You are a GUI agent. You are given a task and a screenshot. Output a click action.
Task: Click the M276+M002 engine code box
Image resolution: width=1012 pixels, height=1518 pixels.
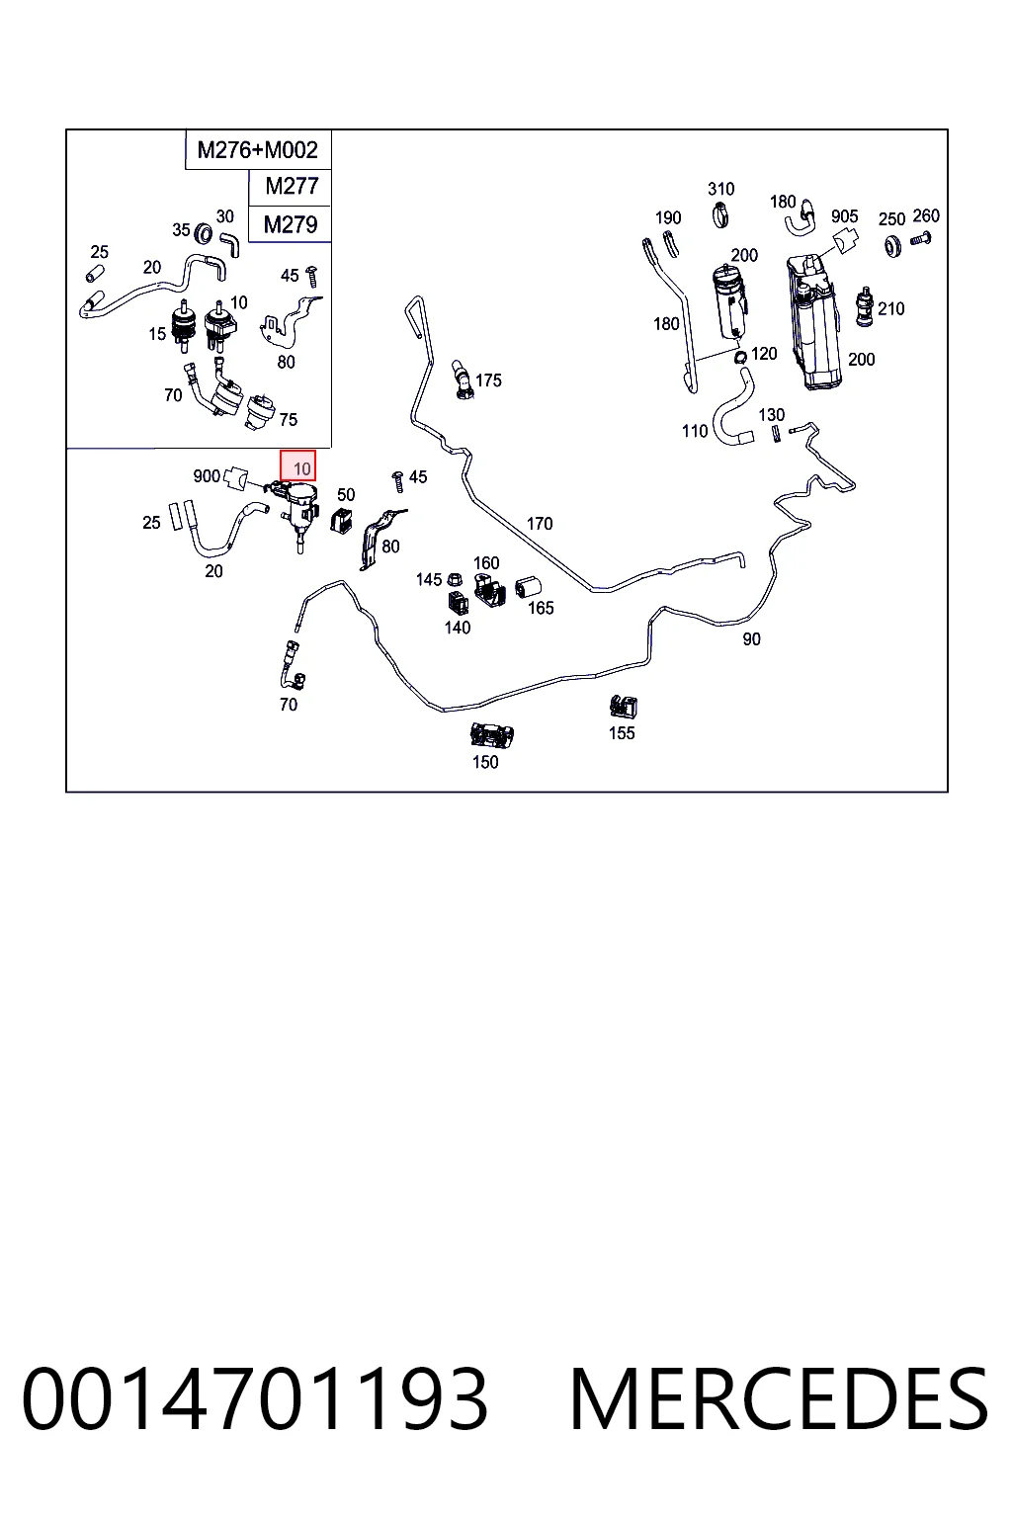[258, 149]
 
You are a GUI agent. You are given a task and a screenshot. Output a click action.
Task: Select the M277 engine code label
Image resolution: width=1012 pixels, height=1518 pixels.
[292, 186]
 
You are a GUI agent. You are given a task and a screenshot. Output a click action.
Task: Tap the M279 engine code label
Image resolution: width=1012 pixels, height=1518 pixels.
[291, 223]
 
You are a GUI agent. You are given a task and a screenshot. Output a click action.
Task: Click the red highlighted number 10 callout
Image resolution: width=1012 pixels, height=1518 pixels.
[298, 466]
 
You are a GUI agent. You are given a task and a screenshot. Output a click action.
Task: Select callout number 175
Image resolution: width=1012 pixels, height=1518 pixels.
[489, 380]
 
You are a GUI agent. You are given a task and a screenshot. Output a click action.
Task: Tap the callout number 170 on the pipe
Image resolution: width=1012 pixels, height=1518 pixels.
[540, 523]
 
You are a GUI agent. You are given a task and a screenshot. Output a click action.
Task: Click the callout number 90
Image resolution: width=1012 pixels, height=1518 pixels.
[751, 639]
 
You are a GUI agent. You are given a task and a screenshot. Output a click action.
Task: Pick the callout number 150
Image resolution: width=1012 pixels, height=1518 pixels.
[485, 762]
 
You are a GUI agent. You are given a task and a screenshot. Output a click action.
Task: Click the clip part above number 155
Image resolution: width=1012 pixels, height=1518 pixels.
[624, 707]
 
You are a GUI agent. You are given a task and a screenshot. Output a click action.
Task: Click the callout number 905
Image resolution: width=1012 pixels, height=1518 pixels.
[845, 216]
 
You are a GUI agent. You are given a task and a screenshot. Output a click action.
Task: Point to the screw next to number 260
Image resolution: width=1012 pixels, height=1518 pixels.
[920, 238]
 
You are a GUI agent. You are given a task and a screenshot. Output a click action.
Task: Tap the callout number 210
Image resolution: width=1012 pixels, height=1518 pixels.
[891, 308]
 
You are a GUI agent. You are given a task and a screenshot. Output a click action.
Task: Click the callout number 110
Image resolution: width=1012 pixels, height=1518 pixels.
[695, 430]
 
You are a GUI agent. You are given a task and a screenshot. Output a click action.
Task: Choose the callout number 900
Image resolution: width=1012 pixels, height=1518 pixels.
[207, 475]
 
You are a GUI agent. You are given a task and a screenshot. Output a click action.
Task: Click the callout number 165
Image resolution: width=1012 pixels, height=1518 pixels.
[541, 608]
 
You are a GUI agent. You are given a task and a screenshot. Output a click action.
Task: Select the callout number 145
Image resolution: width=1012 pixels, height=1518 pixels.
[428, 579]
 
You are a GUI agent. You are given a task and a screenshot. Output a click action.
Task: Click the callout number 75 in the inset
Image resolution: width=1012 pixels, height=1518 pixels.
[288, 419]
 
